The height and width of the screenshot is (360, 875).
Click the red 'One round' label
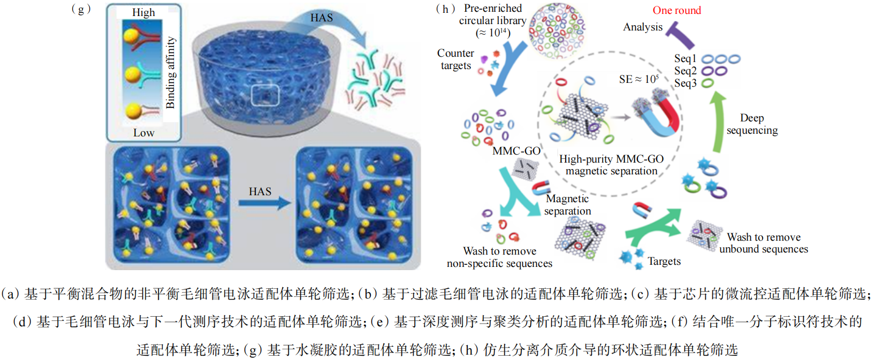pyautogui.click(x=676, y=10)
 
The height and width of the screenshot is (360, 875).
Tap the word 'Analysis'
pyautogui.click(x=643, y=27)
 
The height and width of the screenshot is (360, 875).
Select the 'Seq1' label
pyautogui.click(x=685, y=58)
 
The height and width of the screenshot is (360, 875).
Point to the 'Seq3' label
pyautogui.click(x=685, y=83)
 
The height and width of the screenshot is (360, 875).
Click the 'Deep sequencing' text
pyautogui.click(x=752, y=124)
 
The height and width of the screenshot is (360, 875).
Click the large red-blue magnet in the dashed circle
pyautogui.click(x=658, y=115)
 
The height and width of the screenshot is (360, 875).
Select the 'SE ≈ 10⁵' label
pyautogui.click(x=638, y=79)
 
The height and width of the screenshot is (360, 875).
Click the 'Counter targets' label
pyautogui.click(x=455, y=59)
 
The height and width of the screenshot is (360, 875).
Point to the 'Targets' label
pyautogui.click(x=664, y=261)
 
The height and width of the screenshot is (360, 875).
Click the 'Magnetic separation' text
pyautogui.click(x=567, y=205)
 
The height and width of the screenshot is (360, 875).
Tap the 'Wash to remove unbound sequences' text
pyautogui.click(x=763, y=243)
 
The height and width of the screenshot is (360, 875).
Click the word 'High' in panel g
pyautogui.click(x=143, y=12)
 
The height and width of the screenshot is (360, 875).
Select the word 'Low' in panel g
pyautogui.click(x=143, y=133)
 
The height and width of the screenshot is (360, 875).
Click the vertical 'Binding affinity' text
pyautogui.click(x=170, y=73)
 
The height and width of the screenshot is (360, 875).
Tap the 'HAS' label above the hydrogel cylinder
pyautogui.click(x=321, y=18)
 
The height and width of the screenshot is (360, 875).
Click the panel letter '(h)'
pyautogui.click(x=445, y=9)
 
